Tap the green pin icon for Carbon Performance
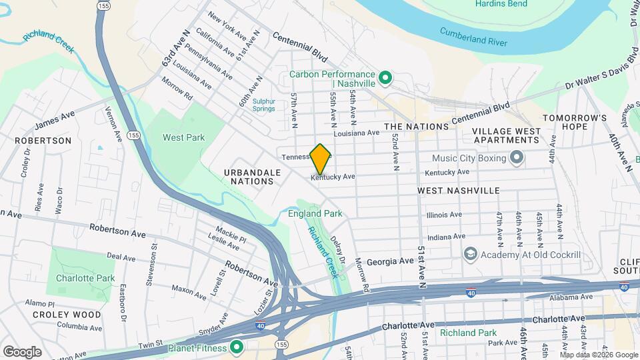(x=385, y=79)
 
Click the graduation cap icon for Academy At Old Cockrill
(x=471, y=254)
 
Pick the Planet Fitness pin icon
(x=236, y=347)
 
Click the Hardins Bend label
(x=501, y=4)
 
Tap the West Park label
(x=183, y=137)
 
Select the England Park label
(x=315, y=214)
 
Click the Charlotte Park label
(x=85, y=278)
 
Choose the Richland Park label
(x=468, y=332)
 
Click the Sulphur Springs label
(x=263, y=105)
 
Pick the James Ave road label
(x=55, y=121)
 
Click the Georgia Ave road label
(x=390, y=262)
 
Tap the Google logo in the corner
(x=22, y=351)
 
